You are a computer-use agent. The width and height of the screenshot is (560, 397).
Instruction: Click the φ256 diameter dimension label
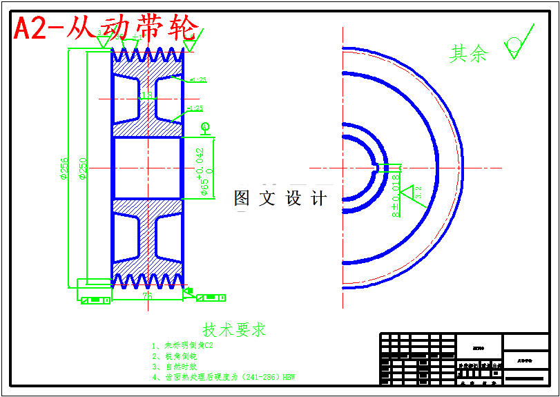(x=64, y=168)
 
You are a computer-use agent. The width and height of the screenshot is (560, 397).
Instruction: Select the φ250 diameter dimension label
(x=82, y=168)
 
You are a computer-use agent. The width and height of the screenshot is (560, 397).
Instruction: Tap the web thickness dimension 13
(x=146, y=95)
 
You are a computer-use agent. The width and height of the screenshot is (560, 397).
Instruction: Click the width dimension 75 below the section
(x=147, y=295)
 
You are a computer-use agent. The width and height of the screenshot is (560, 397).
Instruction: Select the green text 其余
(x=469, y=54)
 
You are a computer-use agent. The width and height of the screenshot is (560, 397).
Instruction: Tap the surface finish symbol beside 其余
(x=516, y=45)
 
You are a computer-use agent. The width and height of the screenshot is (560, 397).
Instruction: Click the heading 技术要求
(x=234, y=329)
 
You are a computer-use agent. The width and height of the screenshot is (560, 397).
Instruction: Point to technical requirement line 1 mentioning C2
(x=184, y=345)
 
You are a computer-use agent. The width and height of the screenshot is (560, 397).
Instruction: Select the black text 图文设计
(x=280, y=199)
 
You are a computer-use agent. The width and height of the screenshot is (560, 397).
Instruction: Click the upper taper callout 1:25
(x=197, y=80)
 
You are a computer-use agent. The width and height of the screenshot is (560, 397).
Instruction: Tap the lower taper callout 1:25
(x=195, y=108)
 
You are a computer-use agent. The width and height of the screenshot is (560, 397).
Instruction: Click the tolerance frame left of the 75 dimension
(x=95, y=300)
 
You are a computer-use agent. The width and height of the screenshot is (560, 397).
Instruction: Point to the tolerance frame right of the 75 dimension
(x=211, y=298)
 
